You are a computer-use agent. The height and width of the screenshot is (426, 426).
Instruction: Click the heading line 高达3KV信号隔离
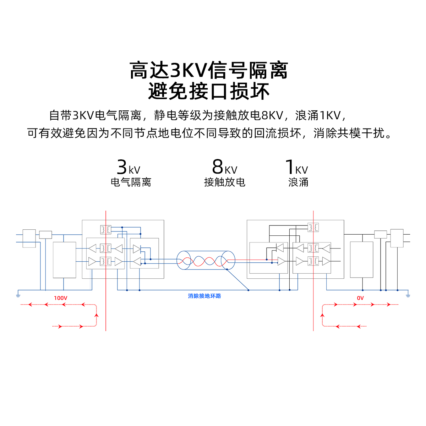tap(209, 70)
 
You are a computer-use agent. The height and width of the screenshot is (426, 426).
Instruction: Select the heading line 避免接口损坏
tap(209, 91)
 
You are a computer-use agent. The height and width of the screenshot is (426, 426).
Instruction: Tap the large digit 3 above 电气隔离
tap(122, 166)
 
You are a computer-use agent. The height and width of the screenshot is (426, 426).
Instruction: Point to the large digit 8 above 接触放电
tap(218, 166)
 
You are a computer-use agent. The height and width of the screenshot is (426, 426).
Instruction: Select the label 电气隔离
tap(131, 182)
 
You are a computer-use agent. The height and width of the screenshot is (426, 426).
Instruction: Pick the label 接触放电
tap(224, 182)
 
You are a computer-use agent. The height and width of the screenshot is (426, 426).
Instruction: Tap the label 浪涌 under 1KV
tap(298, 182)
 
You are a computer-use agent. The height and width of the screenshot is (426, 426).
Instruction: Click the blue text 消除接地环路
tap(204, 296)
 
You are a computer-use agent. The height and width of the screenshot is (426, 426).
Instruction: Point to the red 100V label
tap(60, 298)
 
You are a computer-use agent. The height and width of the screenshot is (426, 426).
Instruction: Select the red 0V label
tap(360, 298)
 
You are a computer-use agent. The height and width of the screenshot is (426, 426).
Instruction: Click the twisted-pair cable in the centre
tap(206, 261)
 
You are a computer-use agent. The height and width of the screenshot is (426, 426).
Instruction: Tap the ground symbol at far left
tap(18, 295)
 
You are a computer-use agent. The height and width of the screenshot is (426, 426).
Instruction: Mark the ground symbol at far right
tap(408, 295)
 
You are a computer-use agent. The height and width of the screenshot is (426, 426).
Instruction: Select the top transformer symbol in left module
tap(106, 230)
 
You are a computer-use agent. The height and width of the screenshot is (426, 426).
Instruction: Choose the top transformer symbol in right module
tap(313, 227)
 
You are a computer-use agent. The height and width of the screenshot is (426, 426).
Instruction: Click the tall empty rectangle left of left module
tap(64, 260)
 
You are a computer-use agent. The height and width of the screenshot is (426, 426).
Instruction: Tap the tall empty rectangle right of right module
tap(361, 260)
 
